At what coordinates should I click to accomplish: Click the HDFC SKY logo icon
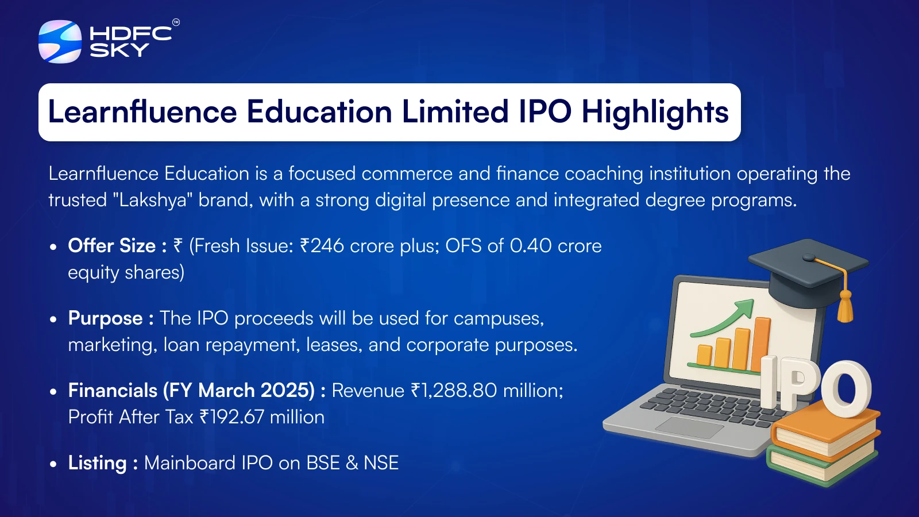60,41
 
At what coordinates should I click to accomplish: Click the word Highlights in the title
655,113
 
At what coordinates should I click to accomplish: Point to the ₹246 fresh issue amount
322,246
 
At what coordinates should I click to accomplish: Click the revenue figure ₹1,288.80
454,391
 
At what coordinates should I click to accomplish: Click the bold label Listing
97,463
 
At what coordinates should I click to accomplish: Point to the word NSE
381,463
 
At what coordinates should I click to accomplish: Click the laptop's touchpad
690,427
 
